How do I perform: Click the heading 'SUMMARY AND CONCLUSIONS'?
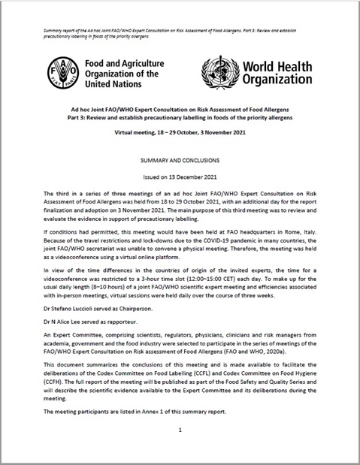point(180,162)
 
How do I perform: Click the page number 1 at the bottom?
point(180,432)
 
